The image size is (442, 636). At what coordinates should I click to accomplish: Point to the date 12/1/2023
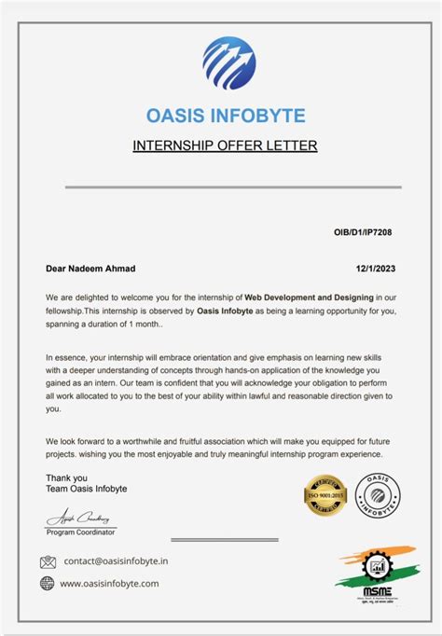[374, 269]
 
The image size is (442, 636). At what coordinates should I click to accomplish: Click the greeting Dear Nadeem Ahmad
[90, 269]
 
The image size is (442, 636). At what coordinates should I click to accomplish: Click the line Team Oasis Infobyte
[87, 489]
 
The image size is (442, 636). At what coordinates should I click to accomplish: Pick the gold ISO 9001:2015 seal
[325, 493]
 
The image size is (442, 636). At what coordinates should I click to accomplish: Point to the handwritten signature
[78, 518]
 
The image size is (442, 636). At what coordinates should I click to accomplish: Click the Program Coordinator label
[81, 532]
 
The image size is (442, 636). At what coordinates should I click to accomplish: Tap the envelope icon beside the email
[48, 561]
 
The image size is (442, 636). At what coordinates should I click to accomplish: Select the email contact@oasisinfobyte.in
[116, 561]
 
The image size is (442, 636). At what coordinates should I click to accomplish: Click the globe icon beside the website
[48, 583]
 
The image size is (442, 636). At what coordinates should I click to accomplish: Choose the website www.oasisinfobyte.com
[109, 584]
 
